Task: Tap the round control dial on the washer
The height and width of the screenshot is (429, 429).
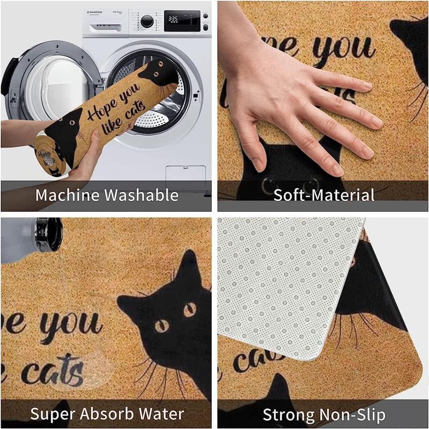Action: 146,21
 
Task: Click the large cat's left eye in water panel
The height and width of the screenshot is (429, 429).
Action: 160,326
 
